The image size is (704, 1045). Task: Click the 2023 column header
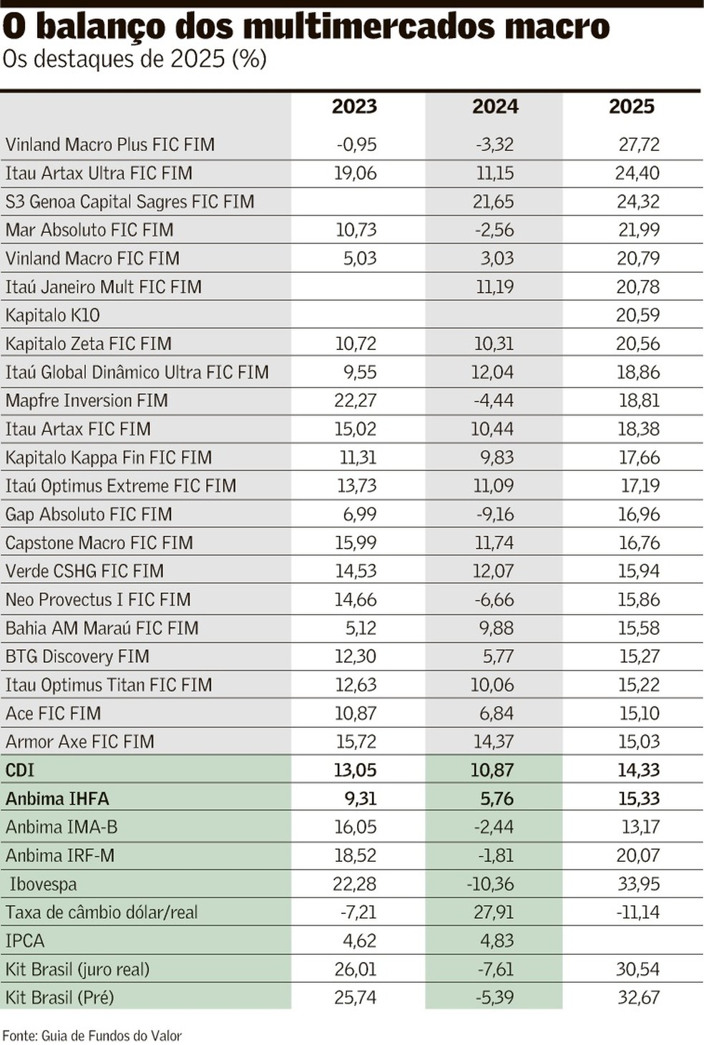[x=354, y=107]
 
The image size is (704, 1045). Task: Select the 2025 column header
[x=632, y=107]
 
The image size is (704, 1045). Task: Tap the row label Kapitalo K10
[x=53, y=315]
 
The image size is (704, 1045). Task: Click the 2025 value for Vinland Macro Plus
[x=639, y=145]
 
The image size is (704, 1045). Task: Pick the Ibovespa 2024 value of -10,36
[x=490, y=884]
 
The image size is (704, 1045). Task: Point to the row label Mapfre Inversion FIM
[x=87, y=400]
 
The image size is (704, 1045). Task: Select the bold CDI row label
[x=20, y=770]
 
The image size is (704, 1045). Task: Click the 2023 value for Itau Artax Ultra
[x=355, y=173]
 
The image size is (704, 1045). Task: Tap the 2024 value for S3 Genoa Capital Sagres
[x=493, y=202]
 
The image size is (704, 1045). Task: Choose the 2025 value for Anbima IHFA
[x=639, y=799]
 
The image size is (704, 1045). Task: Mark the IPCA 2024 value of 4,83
[x=494, y=940]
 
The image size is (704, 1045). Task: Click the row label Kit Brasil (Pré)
[x=60, y=997]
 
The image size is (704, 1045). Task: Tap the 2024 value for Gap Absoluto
[x=494, y=514]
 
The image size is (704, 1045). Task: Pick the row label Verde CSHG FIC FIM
[x=84, y=571]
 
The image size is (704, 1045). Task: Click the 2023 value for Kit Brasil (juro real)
[x=355, y=969]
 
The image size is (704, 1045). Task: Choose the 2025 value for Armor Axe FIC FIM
[x=639, y=742]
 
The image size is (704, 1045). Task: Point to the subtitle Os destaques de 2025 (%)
[x=135, y=59]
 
